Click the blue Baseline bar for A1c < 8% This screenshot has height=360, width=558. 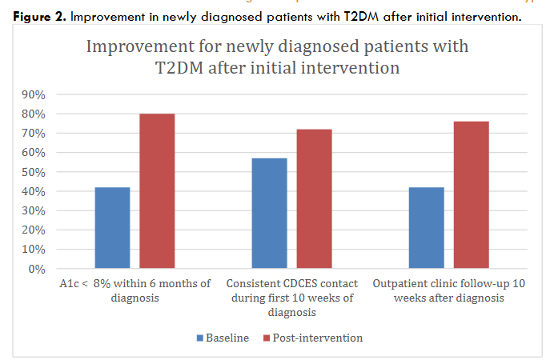click(x=112, y=228)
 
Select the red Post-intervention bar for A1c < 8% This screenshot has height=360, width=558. click(x=157, y=191)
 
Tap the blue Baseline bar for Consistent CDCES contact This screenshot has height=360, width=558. click(x=269, y=214)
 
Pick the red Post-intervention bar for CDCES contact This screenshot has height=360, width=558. click(x=314, y=199)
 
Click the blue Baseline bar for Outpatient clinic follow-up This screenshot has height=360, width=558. click(x=426, y=228)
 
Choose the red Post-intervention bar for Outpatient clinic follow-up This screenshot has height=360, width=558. click(x=471, y=195)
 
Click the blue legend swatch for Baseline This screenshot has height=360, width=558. click(x=200, y=338)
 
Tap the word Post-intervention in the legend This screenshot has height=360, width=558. click(x=318, y=338)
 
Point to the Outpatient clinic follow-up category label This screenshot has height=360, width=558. click(x=448, y=290)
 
